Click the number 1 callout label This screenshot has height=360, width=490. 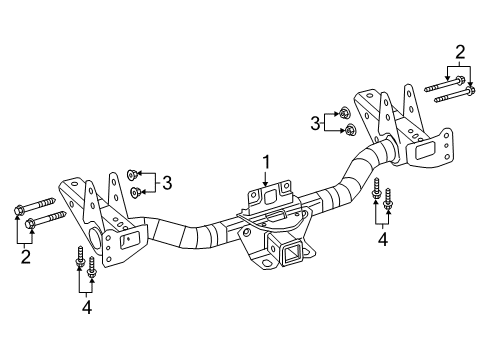click(x=266, y=161)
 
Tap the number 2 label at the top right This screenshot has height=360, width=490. click(x=460, y=52)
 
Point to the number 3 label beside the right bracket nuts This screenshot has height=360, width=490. click(x=315, y=123)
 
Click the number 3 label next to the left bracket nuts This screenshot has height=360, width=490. click(x=167, y=182)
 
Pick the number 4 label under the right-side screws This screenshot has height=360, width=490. click(x=381, y=240)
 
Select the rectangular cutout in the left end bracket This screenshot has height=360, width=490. click(x=127, y=240)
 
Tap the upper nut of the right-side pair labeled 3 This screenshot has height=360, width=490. click(x=344, y=114)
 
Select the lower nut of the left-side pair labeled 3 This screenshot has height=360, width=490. click(x=136, y=191)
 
